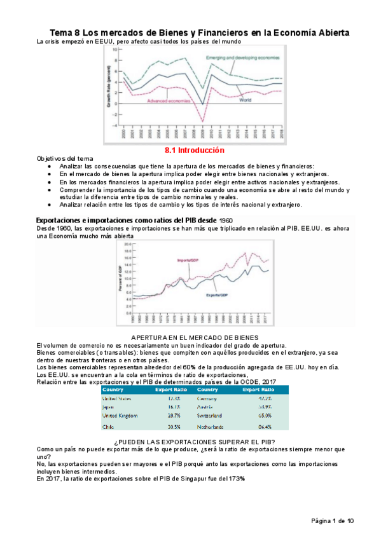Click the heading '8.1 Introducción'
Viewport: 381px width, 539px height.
(195, 151)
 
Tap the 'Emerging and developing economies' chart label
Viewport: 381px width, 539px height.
(242, 58)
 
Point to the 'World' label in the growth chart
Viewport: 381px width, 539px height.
(245, 100)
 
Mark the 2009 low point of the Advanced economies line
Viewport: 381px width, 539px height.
(203, 121)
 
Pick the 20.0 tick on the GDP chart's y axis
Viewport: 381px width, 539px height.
(127, 245)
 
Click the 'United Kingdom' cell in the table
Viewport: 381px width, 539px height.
(121, 414)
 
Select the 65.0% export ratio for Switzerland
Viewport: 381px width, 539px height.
(265, 414)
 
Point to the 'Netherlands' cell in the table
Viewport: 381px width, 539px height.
(213, 426)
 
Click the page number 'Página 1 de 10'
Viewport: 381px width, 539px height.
(332, 521)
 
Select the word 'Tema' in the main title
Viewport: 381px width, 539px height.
(62, 32)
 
